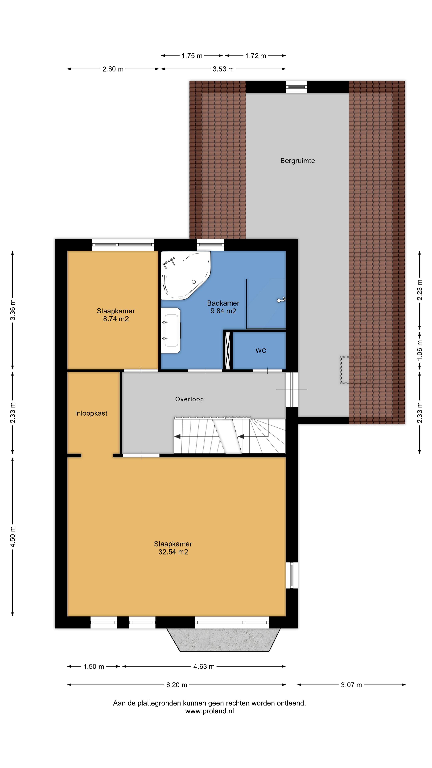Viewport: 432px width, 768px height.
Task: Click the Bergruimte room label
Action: pos(297,161)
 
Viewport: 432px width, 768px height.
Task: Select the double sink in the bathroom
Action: pos(171,330)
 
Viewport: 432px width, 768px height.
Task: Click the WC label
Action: pos(261,351)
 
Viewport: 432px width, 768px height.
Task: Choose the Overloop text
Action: pos(189,399)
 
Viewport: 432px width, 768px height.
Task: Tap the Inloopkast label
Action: pos(91,413)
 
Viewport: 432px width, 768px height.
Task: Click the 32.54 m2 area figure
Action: pos(173,552)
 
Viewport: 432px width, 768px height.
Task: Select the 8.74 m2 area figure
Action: pos(116,319)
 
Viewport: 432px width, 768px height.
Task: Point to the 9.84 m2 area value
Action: pos(223,311)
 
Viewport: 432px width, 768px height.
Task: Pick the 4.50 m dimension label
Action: pos(13,537)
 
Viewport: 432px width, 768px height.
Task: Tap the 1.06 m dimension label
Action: pos(420,350)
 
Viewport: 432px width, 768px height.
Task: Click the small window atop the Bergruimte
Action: pos(296,87)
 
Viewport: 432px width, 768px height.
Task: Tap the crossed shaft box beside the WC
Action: pos(228,351)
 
